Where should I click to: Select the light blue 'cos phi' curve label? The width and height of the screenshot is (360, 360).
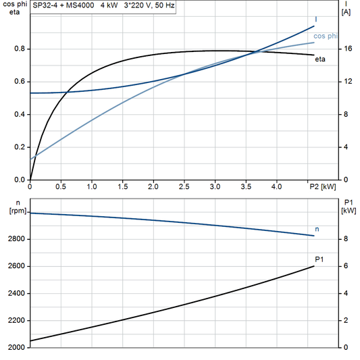(x=327, y=35)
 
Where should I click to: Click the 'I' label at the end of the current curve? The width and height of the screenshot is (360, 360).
(x=317, y=19)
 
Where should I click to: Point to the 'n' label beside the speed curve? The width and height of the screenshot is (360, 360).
(x=317, y=230)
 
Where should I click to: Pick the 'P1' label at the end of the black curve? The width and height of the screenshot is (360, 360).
(x=319, y=259)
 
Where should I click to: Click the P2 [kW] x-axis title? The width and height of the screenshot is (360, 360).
(x=322, y=186)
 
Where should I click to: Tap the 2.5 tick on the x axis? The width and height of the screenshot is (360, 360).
(x=184, y=186)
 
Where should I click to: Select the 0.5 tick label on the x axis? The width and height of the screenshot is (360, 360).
(x=61, y=186)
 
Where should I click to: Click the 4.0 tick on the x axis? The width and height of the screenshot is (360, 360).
(x=276, y=186)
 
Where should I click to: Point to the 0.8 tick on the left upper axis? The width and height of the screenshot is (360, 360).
(x=19, y=49)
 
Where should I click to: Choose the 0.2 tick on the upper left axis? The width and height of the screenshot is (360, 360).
(x=19, y=147)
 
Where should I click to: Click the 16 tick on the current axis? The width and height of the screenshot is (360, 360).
(x=346, y=49)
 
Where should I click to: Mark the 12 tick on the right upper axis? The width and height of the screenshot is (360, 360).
(x=346, y=82)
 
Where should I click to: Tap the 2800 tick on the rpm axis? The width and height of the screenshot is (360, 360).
(x=15, y=239)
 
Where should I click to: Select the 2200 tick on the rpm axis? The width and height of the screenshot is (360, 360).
(x=15, y=321)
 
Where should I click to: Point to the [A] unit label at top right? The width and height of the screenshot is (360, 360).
(x=346, y=12)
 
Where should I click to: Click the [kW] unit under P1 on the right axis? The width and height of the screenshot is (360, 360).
(x=349, y=211)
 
